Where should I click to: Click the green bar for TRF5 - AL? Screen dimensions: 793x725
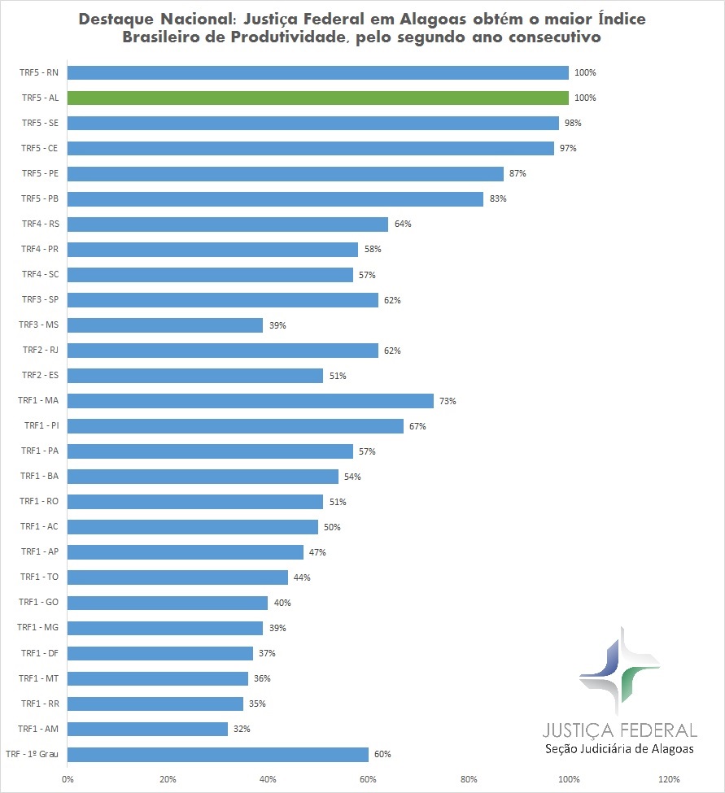coord(317,98)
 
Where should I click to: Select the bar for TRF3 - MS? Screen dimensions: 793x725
coord(165,325)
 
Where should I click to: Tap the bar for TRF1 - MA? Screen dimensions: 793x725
coord(251,401)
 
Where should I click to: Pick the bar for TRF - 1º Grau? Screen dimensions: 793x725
coord(218,754)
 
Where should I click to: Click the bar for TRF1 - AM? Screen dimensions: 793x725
coord(147,729)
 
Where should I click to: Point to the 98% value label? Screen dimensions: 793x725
coord(574,123)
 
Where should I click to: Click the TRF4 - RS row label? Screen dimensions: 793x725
coord(39,224)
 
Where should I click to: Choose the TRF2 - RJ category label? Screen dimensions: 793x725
coord(39,351)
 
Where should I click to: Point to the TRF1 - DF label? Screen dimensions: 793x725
coord(39,653)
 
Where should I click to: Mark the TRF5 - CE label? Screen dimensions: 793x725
coord(39,148)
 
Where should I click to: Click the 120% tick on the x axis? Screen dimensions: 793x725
coord(669,779)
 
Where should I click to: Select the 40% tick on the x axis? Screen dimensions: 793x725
coord(268,779)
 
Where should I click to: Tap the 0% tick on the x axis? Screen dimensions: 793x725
coord(68,779)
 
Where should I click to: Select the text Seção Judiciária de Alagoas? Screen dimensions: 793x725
coord(619,749)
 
